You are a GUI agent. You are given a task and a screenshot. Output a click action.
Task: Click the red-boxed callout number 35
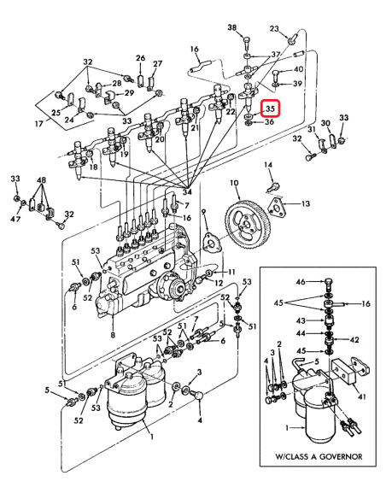pyautogui.click(x=270, y=109)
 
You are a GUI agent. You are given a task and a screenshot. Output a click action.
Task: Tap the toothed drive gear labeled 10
pyautogui.click(x=248, y=224)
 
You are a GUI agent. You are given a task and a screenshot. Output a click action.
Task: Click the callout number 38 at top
pyautogui.click(x=232, y=27)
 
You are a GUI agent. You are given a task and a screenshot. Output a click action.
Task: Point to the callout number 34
pyautogui.click(x=187, y=192)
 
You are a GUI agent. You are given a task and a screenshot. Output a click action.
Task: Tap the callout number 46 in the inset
pyautogui.click(x=301, y=282)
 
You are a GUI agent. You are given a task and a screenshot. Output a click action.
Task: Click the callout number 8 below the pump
pyautogui.click(x=113, y=334)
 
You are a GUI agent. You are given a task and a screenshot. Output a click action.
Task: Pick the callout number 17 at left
pyautogui.click(x=38, y=123)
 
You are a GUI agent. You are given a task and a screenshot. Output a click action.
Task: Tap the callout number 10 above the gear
pyautogui.click(x=234, y=183)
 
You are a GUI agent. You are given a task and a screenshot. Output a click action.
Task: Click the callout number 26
pyautogui.click(x=140, y=58)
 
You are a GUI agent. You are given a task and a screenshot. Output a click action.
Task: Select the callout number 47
pyautogui.click(x=15, y=219)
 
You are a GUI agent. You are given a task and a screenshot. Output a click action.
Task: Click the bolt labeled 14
pyautogui.click(x=273, y=185)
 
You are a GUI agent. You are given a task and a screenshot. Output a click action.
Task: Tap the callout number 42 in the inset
pyautogui.click(x=354, y=340)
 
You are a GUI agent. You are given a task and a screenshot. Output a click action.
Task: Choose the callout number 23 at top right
pyautogui.click(x=274, y=29)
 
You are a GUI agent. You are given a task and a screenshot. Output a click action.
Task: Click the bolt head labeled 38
pyautogui.click(x=247, y=40)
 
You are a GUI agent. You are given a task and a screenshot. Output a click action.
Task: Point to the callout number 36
pyautogui.click(x=269, y=122)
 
